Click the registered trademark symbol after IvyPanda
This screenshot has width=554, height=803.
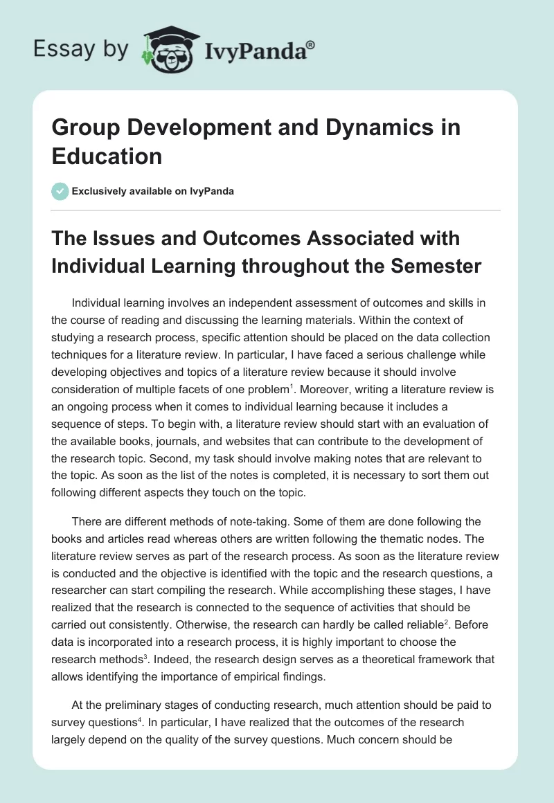(x=310, y=44)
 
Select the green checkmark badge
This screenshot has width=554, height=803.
(x=60, y=191)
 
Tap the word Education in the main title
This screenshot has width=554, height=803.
(x=107, y=156)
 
